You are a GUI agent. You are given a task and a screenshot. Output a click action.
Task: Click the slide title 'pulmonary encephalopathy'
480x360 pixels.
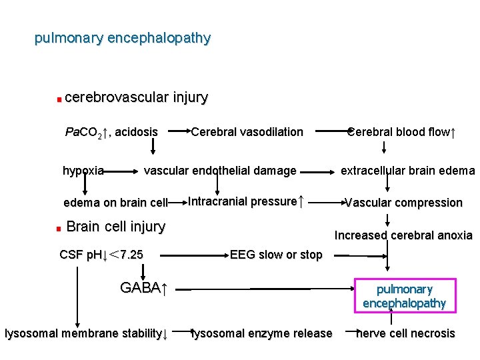tap(123, 38)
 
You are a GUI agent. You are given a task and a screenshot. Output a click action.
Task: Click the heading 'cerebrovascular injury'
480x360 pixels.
tap(136, 97)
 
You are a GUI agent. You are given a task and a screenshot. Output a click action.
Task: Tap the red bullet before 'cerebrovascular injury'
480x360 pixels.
tap(59, 100)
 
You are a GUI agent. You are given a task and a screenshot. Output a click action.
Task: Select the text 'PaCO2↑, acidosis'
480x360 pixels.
tap(111, 132)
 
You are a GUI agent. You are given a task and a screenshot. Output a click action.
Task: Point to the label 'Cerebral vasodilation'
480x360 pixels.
tap(247, 132)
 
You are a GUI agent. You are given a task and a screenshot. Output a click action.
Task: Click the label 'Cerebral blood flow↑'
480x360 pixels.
tap(401, 132)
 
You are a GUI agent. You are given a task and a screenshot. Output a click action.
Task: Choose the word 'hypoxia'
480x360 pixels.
tap(83, 171)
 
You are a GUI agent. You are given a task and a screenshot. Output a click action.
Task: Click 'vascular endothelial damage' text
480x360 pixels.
tap(220, 171)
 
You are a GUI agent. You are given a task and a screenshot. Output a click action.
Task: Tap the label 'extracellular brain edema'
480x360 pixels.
tap(407, 171)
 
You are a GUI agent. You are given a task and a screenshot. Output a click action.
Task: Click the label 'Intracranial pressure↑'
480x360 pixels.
tap(246, 201)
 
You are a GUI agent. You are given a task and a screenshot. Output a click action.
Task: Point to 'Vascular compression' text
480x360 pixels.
tap(403, 203)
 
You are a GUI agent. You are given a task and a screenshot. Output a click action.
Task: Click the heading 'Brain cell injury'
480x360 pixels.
tap(115, 227)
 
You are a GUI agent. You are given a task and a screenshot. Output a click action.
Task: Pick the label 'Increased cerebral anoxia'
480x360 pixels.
tap(403, 235)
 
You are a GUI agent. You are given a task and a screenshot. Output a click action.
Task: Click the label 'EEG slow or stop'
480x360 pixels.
tap(275, 254)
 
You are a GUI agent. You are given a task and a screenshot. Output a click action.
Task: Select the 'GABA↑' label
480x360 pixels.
tap(143, 288)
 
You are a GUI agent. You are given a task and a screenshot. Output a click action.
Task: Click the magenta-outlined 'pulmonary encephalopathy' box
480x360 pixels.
tap(405, 295)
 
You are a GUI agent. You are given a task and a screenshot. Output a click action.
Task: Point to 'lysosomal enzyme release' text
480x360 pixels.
tap(261, 333)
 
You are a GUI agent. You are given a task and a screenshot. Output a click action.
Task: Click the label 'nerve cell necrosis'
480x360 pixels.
tap(405, 333)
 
